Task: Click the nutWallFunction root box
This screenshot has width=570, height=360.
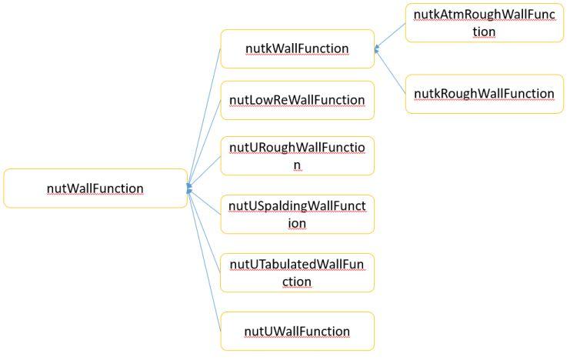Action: (95, 188)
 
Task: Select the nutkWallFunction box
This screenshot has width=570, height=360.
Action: (297, 48)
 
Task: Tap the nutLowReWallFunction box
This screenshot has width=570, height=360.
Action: (297, 100)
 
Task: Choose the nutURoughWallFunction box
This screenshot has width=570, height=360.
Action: (297, 155)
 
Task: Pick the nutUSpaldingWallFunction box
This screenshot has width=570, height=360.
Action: (297, 214)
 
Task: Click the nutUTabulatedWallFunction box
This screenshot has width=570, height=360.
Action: (297, 272)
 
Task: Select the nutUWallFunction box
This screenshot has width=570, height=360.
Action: (297, 331)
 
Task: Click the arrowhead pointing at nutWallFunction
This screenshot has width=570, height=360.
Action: (189, 188)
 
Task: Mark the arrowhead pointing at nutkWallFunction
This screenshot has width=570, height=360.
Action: (377, 49)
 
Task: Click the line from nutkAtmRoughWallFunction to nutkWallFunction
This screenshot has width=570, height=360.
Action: (391, 35)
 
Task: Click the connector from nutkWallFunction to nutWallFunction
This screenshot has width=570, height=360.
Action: (205, 115)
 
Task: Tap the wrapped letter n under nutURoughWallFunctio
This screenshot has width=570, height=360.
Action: (297, 165)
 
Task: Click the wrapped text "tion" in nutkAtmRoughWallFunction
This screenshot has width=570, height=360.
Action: (483, 32)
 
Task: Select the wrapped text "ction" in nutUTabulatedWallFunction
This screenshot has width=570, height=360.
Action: (297, 282)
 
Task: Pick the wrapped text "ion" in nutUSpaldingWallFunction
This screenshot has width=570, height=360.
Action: (297, 223)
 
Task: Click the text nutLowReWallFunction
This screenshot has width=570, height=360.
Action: (297, 100)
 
